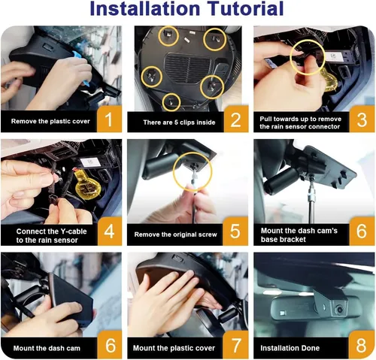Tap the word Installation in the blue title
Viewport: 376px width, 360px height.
click(x=144, y=8)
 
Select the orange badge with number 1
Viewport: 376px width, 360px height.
click(x=109, y=119)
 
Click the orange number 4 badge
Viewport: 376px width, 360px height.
click(x=110, y=231)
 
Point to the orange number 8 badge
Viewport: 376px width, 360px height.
click(x=362, y=345)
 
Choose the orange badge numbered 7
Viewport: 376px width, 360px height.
click(x=235, y=345)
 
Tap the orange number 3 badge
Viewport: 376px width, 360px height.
click(x=362, y=119)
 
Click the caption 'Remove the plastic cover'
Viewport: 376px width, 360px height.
click(x=50, y=121)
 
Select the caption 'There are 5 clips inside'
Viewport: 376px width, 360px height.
click(x=179, y=123)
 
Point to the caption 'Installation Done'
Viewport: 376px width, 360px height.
click(x=290, y=348)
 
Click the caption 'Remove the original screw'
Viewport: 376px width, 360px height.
click(x=175, y=234)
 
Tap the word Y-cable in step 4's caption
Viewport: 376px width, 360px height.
click(x=74, y=231)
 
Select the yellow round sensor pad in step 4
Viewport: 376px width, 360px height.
click(x=88, y=186)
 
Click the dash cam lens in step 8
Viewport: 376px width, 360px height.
click(x=339, y=310)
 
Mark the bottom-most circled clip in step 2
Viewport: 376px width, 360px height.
click(x=171, y=101)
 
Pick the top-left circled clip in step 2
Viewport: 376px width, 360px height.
click(x=168, y=36)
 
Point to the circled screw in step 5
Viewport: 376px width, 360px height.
click(x=193, y=166)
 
